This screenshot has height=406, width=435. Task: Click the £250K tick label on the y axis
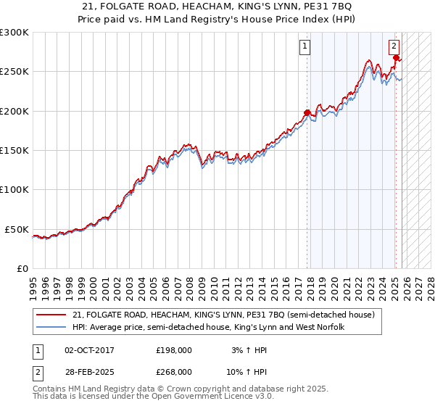pos(14,72)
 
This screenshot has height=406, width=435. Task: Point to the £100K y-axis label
pos(14,189)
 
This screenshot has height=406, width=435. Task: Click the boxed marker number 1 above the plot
pos(304,47)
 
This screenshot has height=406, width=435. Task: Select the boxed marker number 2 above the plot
pos(394,47)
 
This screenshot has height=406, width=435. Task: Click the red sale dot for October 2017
pos(307,112)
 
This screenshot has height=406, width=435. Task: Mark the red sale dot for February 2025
pos(396,57)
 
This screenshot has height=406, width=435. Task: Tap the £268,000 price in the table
pos(174,371)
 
